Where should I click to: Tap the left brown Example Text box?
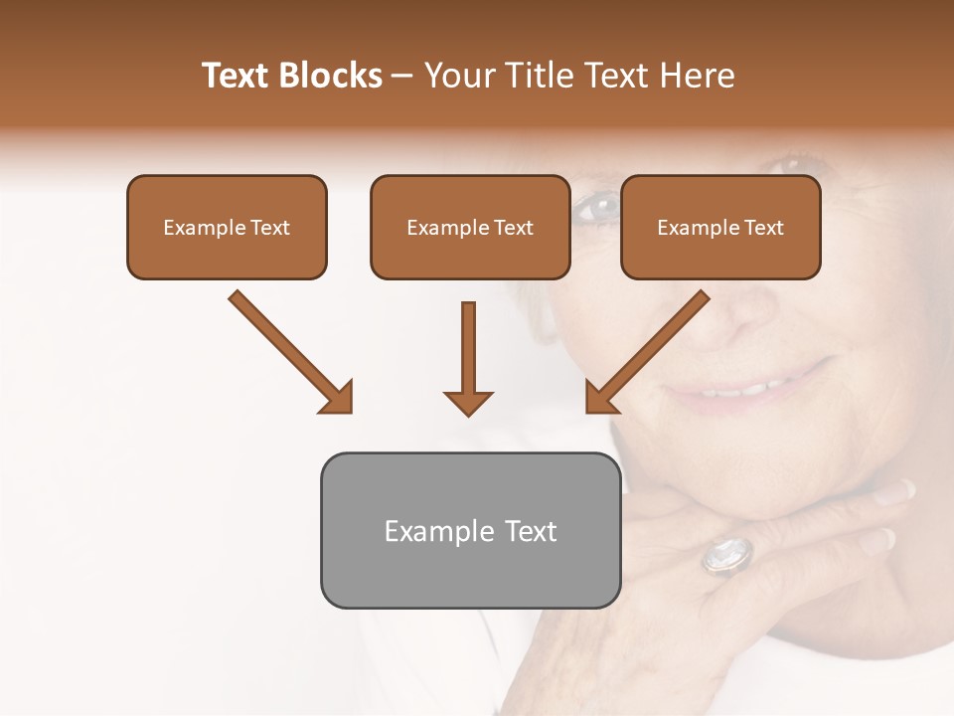pos(227,228)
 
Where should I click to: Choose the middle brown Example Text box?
pos(470,228)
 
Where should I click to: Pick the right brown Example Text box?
pos(720,228)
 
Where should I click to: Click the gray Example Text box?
pos(470,530)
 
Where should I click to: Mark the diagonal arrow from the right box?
pos(648,352)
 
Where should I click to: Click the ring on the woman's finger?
pos(728,555)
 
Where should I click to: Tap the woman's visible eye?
pos(596,208)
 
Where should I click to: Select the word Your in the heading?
pos(460,76)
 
